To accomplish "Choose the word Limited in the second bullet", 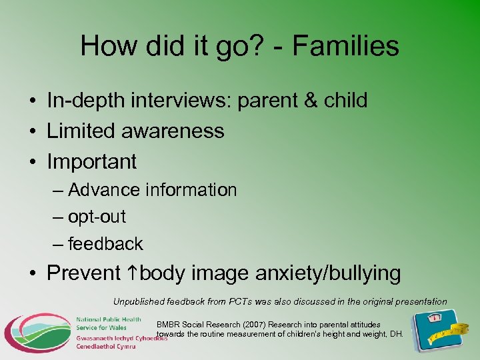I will [x=81, y=131].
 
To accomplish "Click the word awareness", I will [x=173, y=131].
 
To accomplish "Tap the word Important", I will [x=91, y=161].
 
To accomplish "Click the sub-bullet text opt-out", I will [x=97, y=217].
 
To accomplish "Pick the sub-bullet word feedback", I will [x=105, y=244].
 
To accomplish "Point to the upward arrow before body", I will [x=133, y=273].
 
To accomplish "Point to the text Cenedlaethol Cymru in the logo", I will [x=105, y=347].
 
